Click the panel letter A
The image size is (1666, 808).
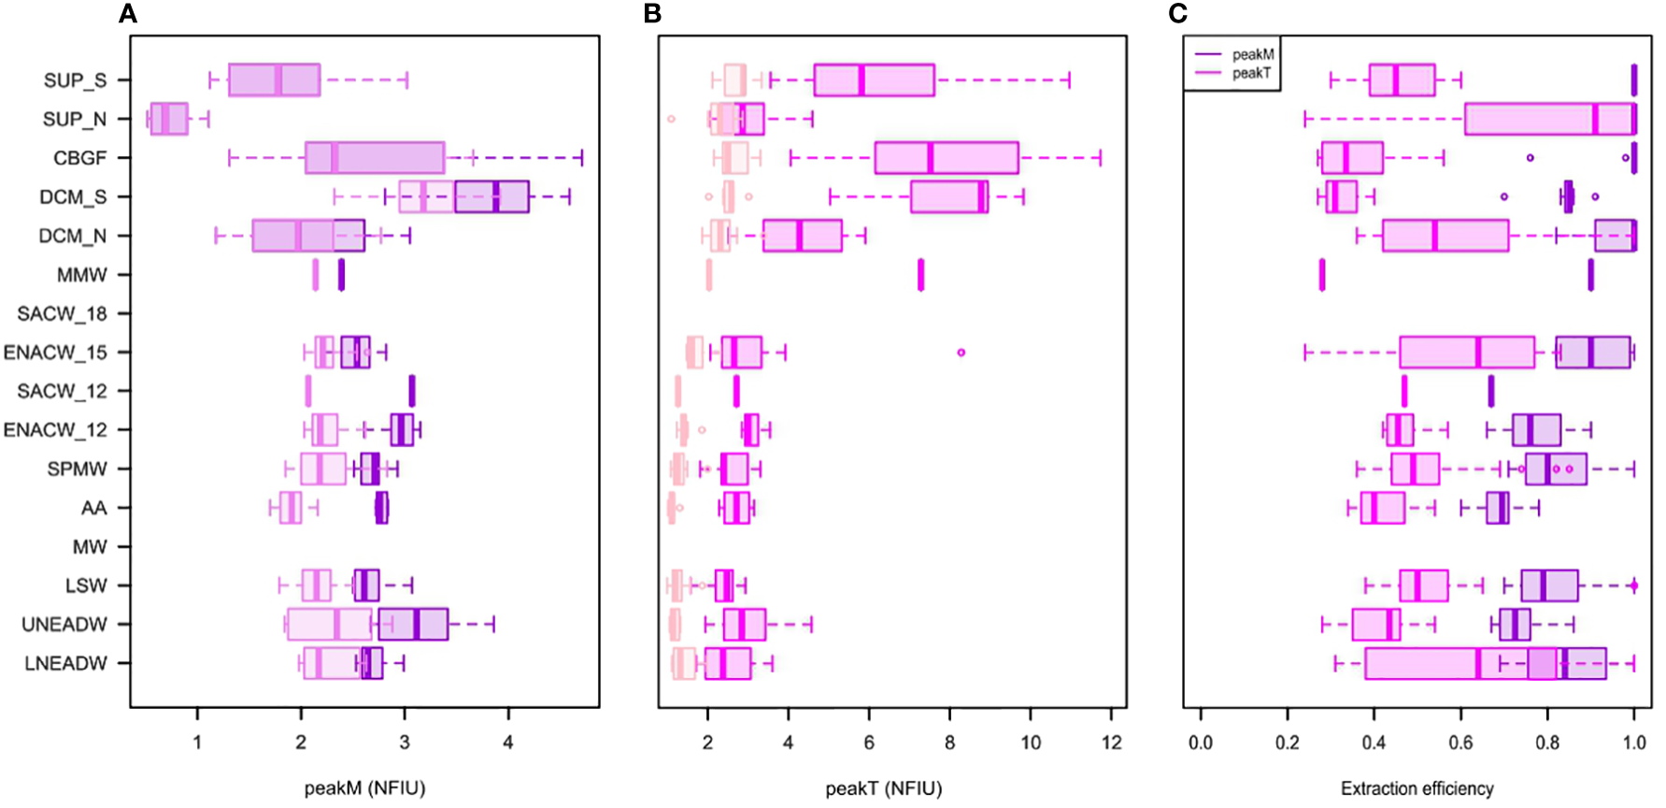128,14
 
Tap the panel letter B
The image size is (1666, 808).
652,14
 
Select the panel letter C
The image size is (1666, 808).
1177,14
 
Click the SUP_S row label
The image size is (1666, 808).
75,80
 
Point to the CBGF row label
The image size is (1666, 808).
79,158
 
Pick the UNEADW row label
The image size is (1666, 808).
64,625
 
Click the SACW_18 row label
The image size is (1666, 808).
62,314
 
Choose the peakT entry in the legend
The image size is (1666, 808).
1251,73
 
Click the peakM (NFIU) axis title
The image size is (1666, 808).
364,788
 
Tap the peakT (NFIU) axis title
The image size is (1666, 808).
883,788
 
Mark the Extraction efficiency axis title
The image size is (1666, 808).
1417,788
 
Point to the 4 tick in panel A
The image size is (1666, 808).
508,743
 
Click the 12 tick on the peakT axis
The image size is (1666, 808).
1111,743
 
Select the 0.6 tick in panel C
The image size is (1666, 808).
1460,743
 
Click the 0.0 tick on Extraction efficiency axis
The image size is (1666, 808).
1200,743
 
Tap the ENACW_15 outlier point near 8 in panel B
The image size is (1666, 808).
961,353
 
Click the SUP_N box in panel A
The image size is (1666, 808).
169,119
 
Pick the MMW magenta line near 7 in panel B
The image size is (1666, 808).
920,276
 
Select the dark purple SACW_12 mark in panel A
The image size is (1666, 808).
412,391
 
